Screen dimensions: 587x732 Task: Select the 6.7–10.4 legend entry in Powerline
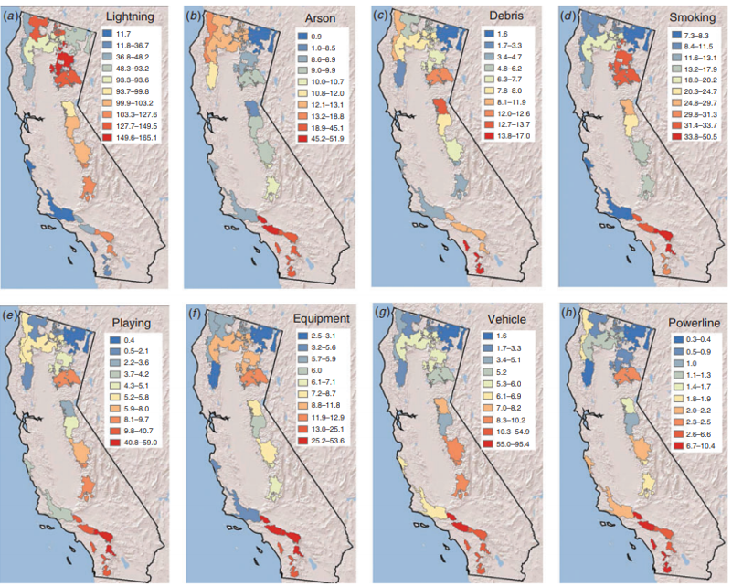(x=684, y=443)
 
